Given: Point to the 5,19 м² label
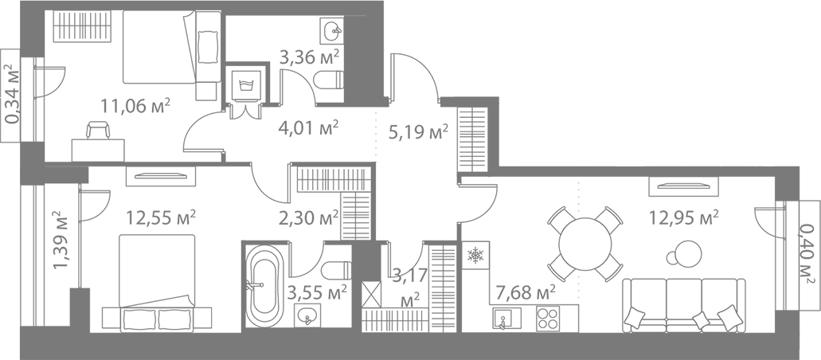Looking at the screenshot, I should [x=416, y=131].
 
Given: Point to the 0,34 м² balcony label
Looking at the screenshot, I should [x=13, y=96].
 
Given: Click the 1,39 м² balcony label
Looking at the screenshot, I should [x=61, y=239].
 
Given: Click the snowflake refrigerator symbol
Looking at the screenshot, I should [x=475, y=256].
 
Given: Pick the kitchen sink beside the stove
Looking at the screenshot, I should [x=504, y=319].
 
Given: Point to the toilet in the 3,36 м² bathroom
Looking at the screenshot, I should [x=329, y=80].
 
